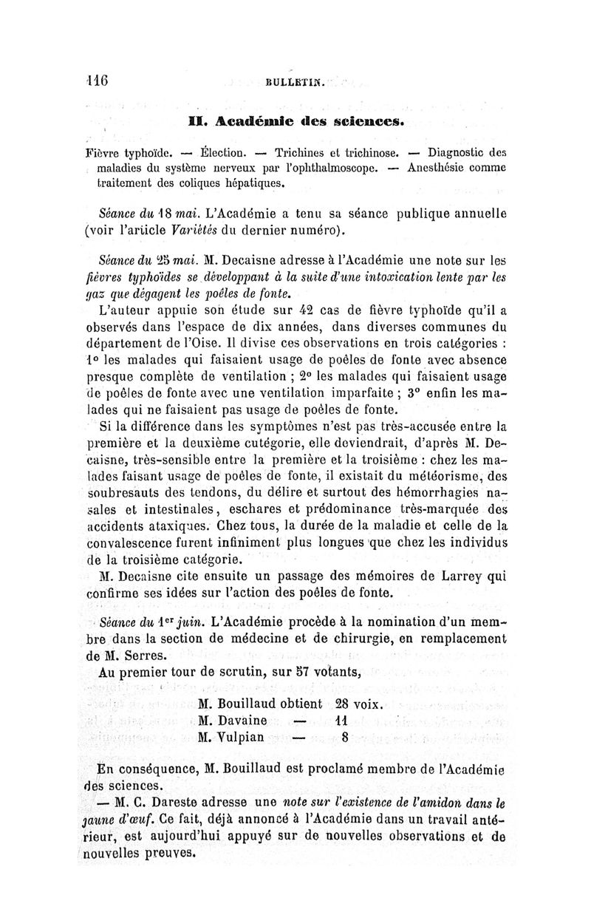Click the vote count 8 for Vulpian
tap(345, 737)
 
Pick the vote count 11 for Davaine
tap(341, 720)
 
